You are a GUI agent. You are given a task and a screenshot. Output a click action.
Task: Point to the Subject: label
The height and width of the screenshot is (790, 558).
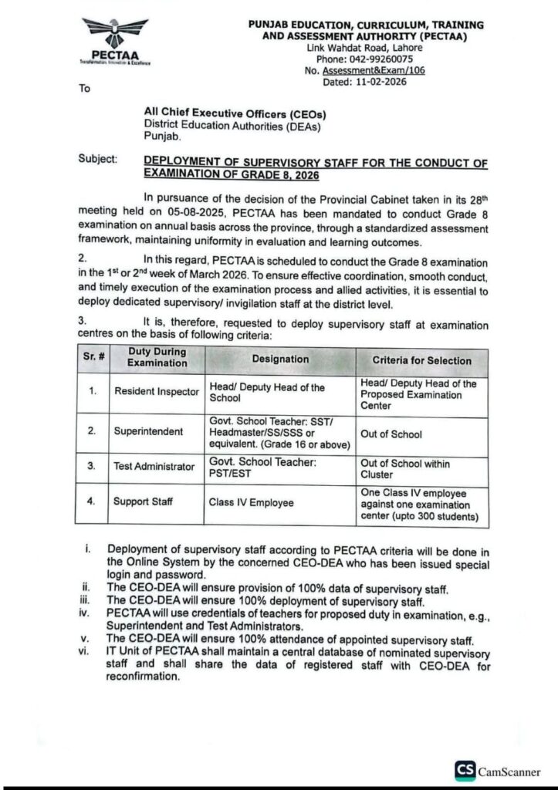[x=98, y=159]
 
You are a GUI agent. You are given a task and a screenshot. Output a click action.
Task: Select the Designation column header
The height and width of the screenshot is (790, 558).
[x=279, y=360]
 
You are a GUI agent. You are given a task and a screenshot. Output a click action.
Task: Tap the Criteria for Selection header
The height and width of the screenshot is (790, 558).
[x=421, y=360]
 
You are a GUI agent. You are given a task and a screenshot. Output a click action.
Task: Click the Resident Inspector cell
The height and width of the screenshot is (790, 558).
[x=157, y=391]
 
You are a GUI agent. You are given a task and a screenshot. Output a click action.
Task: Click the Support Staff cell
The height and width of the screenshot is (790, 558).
[x=143, y=502]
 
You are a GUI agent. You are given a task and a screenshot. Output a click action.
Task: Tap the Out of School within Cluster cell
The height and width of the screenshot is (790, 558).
[x=404, y=469]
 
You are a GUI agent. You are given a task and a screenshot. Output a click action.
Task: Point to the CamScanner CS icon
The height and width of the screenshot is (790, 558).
[x=464, y=769]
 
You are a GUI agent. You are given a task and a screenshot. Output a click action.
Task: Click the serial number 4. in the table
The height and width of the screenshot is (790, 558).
[x=92, y=502]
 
